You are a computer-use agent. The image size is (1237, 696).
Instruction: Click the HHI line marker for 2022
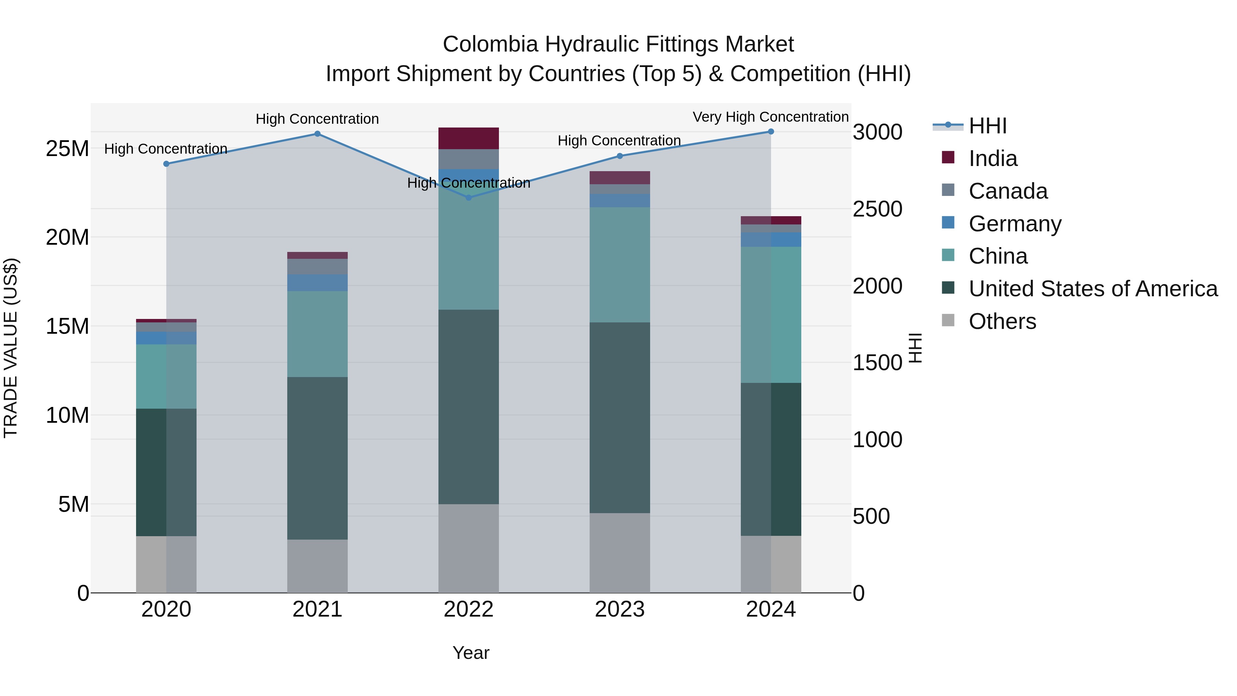(469, 197)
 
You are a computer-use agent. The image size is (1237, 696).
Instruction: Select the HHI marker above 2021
(317, 134)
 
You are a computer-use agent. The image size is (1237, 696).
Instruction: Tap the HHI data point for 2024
(771, 132)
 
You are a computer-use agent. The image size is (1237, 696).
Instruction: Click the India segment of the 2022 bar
(469, 138)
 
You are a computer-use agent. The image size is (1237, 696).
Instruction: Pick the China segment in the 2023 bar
(620, 265)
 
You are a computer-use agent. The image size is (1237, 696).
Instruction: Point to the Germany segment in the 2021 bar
(317, 283)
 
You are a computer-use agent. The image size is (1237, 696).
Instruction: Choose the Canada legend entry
(1007, 191)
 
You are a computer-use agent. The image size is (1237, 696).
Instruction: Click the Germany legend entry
(1015, 224)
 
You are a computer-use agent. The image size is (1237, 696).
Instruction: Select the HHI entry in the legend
(987, 126)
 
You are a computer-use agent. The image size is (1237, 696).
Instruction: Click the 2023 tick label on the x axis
(620, 609)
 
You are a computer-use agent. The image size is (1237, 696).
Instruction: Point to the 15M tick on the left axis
(67, 327)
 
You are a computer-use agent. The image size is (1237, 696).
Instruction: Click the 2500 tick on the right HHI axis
(877, 209)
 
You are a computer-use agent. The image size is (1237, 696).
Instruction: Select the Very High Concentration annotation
(770, 117)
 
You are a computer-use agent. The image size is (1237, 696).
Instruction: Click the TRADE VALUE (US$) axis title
(11, 348)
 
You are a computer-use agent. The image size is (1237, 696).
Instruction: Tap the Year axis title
(471, 653)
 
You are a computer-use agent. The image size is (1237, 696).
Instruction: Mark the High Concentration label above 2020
(166, 149)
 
